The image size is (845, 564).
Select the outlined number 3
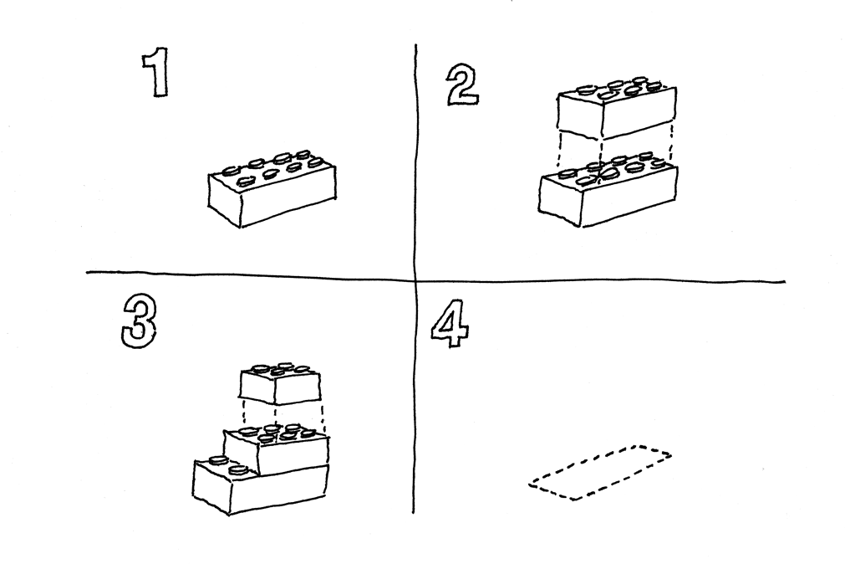[139, 323]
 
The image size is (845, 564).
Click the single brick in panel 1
[272, 189]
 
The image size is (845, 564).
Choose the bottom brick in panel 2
[608, 191]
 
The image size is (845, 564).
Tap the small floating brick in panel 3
[280, 384]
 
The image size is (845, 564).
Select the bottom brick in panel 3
[260, 485]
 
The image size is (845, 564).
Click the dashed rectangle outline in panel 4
[600, 473]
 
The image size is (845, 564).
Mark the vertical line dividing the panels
[415, 279]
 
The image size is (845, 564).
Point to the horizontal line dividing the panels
[435, 277]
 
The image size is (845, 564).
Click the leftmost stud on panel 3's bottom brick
[218, 460]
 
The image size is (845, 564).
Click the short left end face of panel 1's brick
[224, 200]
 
